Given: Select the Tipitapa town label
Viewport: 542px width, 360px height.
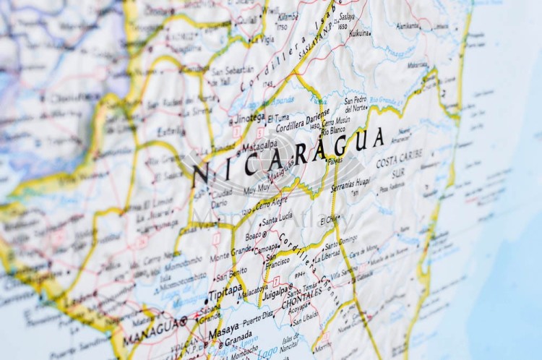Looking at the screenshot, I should point(225,297).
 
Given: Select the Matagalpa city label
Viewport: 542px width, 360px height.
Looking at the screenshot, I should point(259,145).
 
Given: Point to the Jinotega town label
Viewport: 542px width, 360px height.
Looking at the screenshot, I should point(249,117).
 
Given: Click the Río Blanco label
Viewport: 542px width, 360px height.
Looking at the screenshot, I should point(333,132).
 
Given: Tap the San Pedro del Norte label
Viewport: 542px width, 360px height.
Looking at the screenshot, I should point(356,103).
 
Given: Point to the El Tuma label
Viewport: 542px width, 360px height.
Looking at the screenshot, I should point(279,118).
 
